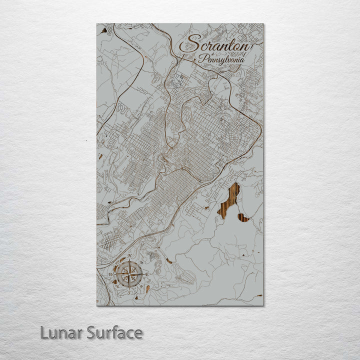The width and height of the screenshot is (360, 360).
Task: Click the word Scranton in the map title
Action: pos(215,44)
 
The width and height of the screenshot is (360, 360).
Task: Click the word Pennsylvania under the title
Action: pos(221,59)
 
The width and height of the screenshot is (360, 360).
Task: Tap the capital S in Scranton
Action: pos(188,44)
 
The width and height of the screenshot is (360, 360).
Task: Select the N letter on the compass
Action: pos(129,256)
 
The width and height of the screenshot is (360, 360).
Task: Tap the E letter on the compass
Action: pos(148,274)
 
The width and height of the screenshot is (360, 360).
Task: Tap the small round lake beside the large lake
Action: pos(243,217)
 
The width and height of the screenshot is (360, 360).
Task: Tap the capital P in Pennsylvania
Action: pos(201,58)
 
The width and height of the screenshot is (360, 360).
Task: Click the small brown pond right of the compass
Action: pos(169,261)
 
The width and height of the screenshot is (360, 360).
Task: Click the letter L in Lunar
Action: pos(44,332)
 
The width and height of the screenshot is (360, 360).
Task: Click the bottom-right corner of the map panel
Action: pos(262,304)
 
